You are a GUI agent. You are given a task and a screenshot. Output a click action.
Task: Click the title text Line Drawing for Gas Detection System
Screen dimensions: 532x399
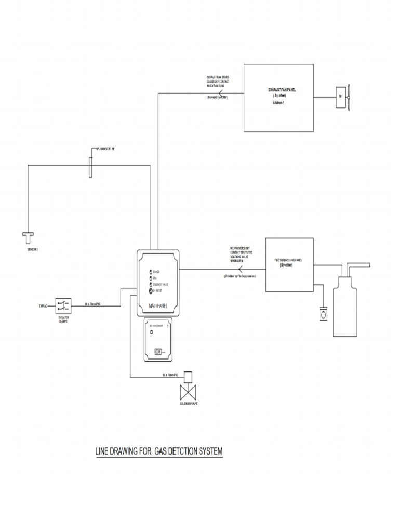(x=159, y=451)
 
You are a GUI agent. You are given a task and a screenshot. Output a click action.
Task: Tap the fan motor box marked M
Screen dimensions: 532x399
(x=340, y=96)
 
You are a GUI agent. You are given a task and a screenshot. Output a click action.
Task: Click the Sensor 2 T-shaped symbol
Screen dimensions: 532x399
(x=27, y=237)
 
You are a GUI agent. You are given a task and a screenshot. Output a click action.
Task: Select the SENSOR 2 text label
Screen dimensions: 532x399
(x=32, y=249)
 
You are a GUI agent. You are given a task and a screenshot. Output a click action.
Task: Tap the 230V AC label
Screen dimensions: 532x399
(x=43, y=306)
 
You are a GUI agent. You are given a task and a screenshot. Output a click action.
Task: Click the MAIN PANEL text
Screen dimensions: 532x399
(x=159, y=305)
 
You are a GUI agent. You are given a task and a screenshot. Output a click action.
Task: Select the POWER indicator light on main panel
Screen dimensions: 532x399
(x=150, y=272)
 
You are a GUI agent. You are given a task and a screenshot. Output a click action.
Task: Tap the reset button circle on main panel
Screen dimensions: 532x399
(x=150, y=291)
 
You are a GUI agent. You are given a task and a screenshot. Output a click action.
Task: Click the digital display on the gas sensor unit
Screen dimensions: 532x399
(x=157, y=352)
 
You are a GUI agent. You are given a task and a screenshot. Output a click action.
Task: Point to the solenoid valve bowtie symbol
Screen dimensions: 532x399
(x=188, y=391)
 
